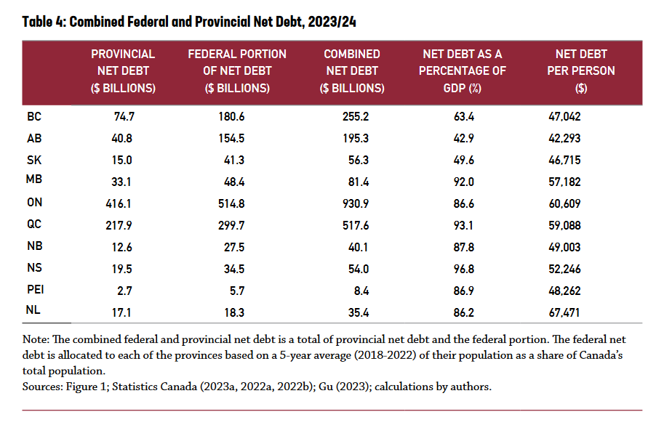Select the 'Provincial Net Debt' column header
click(x=123, y=70)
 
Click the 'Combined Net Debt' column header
click(x=352, y=70)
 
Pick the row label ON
click(x=34, y=203)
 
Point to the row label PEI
click(x=36, y=291)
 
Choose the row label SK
click(x=33, y=159)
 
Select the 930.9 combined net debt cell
click(x=356, y=204)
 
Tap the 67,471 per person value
click(x=564, y=313)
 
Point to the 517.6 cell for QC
click(x=356, y=226)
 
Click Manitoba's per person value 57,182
click(x=564, y=182)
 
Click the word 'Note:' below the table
click(x=36, y=339)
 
